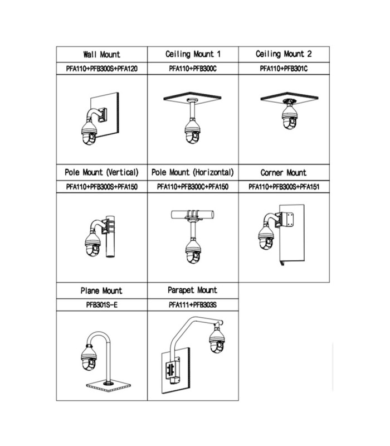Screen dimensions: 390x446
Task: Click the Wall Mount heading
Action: tap(102, 54)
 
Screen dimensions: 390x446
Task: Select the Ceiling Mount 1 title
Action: tap(193, 54)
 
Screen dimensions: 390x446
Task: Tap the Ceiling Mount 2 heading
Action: tap(284, 54)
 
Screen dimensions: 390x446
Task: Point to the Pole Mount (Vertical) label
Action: tap(101, 172)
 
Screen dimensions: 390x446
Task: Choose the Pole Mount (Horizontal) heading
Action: tap(193, 172)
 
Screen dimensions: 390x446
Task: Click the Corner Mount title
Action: tap(284, 173)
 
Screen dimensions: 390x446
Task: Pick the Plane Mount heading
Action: tap(101, 290)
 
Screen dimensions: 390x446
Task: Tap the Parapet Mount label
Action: tap(192, 290)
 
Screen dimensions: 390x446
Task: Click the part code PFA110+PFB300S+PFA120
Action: tap(102, 69)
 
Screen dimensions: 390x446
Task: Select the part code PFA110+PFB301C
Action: tap(284, 69)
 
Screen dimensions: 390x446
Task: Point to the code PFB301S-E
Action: tap(102, 305)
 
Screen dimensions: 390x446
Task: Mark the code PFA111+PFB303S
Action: tap(193, 305)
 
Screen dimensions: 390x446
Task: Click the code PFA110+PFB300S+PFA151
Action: tap(284, 187)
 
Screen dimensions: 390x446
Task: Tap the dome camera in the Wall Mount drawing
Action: tap(89, 133)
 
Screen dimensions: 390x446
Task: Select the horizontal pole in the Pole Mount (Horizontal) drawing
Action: tap(192, 215)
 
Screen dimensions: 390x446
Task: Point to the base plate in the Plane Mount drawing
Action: tap(108, 385)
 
